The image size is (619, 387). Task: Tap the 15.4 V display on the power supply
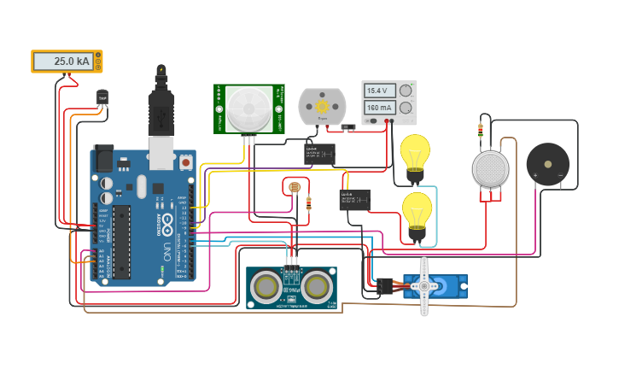click(378, 91)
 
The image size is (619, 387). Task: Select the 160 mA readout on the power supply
click(378, 108)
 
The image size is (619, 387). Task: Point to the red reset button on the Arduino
click(185, 161)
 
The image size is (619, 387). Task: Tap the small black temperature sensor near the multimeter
click(102, 97)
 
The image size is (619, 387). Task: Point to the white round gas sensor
click(490, 168)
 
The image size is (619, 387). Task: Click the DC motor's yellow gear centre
click(323, 107)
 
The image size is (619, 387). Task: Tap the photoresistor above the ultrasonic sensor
click(295, 186)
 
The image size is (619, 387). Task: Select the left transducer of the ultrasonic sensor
click(266, 285)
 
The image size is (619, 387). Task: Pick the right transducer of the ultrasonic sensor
click(317, 285)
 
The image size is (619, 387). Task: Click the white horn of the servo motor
click(424, 285)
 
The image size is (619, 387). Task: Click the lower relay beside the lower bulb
click(354, 200)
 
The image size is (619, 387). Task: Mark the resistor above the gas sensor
click(480, 131)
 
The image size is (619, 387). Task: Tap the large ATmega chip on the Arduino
click(122, 242)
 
